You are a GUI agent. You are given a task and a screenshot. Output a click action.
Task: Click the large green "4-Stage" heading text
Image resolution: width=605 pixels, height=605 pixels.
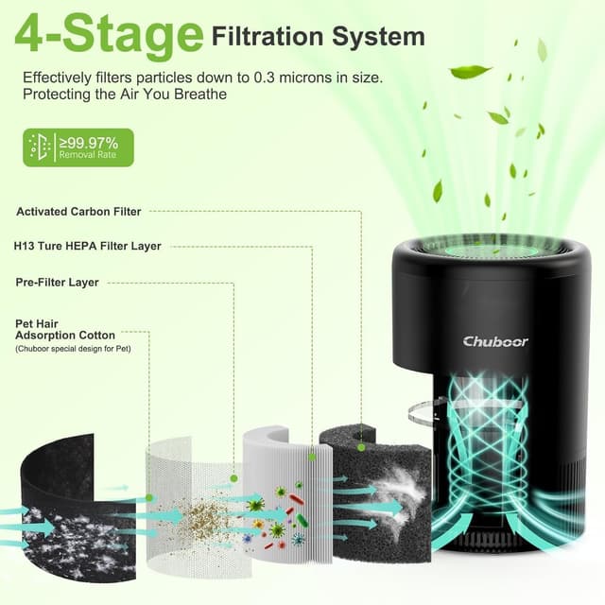[x=109, y=36]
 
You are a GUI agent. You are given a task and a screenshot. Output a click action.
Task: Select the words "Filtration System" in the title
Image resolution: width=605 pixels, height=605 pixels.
[x=319, y=37]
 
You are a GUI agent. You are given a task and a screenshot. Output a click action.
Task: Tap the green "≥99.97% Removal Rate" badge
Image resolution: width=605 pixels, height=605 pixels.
[x=78, y=147]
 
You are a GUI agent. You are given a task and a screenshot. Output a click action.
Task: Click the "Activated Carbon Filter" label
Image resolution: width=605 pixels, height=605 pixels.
[x=78, y=212]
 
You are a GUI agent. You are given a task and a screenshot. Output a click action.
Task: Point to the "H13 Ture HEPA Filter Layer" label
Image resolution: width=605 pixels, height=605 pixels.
[x=87, y=246]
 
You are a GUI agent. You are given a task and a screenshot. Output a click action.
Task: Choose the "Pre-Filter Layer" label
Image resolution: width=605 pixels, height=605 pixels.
[x=57, y=283]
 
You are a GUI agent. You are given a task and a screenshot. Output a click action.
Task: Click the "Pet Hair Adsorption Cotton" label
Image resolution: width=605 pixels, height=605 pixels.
[x=65, y=330]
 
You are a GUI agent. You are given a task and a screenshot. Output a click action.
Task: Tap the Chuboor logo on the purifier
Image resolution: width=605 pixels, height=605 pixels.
[x=495, y=341]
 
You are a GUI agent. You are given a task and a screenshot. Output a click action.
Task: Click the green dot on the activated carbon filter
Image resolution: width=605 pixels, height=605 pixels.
[x=361, y=447]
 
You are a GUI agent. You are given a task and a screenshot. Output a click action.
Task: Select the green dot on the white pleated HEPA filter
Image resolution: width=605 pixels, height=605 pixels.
[x=312, y=458]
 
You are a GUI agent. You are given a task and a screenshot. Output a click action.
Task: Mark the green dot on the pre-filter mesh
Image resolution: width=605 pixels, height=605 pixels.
[x=233, y=478]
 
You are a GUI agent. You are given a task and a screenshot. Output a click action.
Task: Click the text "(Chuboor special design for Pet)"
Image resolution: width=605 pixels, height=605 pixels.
[x=74, y=349]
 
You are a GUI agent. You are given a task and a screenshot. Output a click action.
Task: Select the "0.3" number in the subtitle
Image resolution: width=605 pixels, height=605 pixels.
[x=265, y=78]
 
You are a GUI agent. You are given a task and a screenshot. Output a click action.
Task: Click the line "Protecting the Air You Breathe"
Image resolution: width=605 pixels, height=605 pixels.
[x=125, y=95]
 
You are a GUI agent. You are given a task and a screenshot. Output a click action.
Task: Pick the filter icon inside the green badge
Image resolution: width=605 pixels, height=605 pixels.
[x=40, y=147]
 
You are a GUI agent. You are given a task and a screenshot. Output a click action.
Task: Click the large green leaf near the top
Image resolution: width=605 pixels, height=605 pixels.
[x=470, y=72]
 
